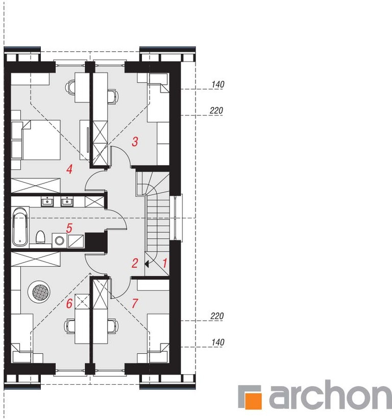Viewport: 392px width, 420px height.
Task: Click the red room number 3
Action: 135,141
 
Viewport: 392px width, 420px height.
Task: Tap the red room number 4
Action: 69,169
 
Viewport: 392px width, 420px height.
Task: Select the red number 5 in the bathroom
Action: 69,228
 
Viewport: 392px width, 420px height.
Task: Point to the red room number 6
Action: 69,303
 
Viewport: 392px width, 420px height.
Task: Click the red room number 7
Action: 135,303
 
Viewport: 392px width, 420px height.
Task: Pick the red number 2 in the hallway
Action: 135,264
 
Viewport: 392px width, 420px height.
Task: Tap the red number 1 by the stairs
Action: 165,263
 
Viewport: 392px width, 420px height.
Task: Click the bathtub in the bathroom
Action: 20,226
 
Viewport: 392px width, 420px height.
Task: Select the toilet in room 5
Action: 40,238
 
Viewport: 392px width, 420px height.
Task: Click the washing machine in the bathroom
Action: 60,240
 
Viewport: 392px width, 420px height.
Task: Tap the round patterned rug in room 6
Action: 39,292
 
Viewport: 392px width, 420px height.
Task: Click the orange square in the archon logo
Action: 254,401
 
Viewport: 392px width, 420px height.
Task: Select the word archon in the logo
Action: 330,395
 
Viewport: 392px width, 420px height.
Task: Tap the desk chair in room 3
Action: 113,96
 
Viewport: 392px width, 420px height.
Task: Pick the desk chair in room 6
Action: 69,326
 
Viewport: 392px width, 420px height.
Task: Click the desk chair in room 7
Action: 113,326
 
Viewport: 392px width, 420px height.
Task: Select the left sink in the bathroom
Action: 47,201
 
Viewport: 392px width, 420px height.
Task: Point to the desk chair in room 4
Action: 70,87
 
